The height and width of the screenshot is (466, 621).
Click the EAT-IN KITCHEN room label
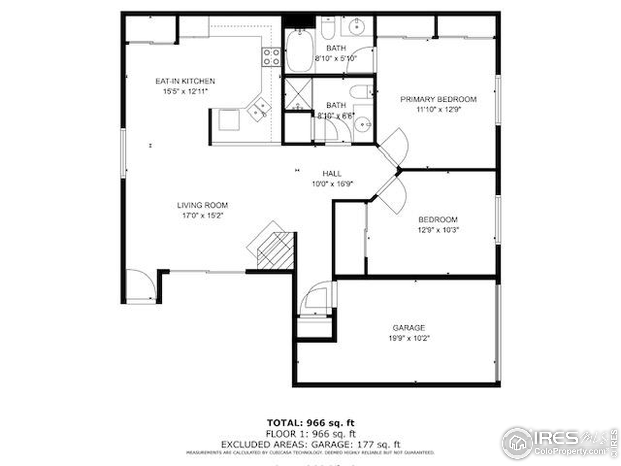[185, 81]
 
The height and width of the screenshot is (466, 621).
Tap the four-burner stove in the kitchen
[271, 57]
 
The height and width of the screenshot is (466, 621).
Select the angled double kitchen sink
[259, 109]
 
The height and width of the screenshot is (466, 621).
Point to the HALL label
[332, 174]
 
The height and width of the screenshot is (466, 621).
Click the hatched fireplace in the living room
[275, 250]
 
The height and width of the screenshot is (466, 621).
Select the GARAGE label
[409, 328]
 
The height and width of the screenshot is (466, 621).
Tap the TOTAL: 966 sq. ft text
[310, 423]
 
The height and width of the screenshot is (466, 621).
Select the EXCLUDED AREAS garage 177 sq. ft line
[310, 445]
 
